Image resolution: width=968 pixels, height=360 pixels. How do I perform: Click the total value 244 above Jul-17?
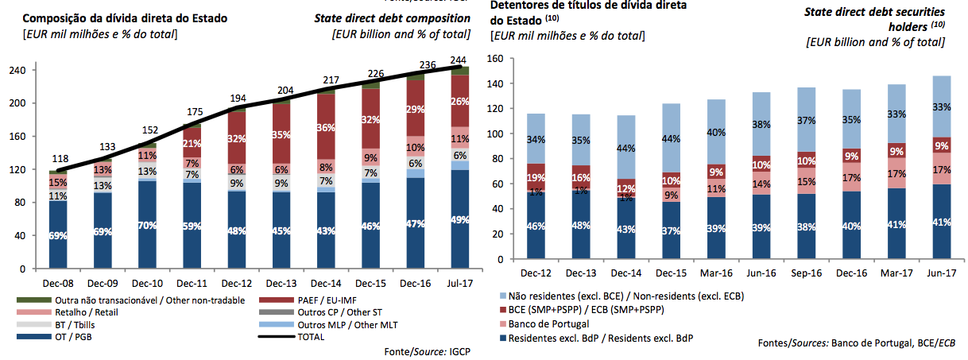459,60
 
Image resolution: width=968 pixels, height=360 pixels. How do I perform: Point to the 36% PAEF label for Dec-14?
325,127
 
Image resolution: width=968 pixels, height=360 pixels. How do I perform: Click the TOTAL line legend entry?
313,338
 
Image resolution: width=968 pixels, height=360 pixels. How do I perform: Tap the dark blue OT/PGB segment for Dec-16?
414,223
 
